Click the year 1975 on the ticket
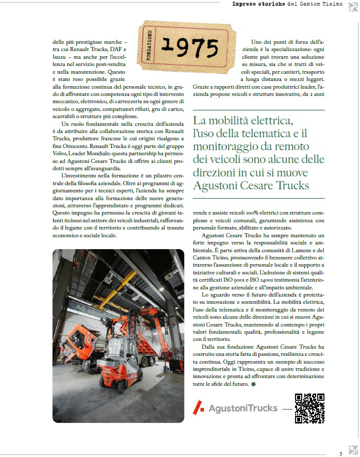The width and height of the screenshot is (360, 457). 190,47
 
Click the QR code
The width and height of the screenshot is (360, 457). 309,408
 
